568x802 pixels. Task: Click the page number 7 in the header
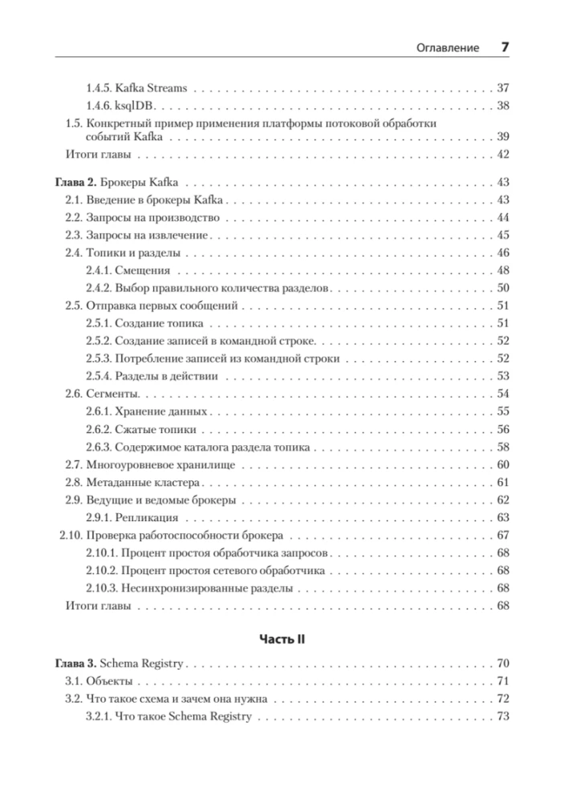pos(505,47)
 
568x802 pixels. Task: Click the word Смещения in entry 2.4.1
pos(144,270)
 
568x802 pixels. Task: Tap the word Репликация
pos(148,517)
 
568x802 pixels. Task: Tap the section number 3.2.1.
pos(99,716)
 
